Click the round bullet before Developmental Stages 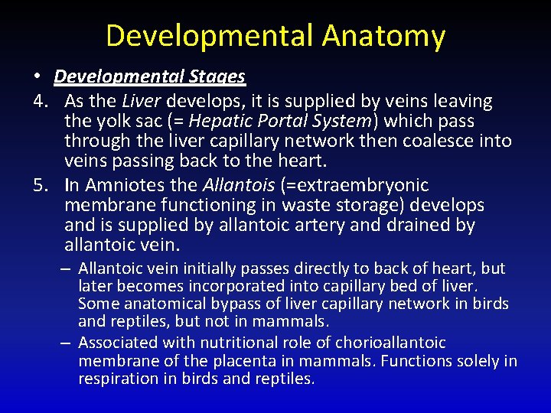coord(37,77)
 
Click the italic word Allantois coord(234,185)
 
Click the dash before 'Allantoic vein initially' coord(67,269)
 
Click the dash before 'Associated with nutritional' coord(67,343)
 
